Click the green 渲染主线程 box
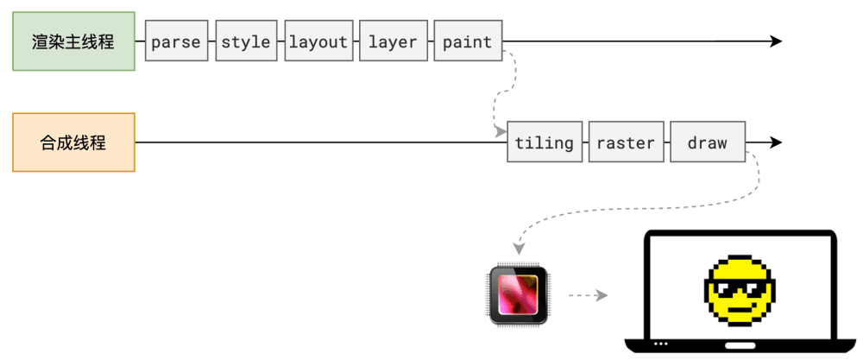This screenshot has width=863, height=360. point(73,41)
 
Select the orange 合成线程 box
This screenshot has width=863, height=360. point(73,142)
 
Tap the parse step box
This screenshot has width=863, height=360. point(176,41)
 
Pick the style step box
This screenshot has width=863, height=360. point(246,41)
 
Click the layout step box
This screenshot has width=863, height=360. point(318,41)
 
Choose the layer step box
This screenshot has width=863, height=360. point(393,41)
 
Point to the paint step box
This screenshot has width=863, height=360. point(467,41)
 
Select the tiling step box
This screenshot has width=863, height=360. point(544,142)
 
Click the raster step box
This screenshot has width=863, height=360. point(626,142)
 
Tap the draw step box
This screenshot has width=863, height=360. point(708,142)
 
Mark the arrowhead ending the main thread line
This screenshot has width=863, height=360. point(776,41)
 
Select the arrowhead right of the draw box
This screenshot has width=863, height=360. point(776,142)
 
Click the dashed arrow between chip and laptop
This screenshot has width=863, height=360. point(588,295)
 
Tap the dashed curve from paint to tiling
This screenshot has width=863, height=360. point(498,95)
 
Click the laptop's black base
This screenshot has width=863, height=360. point(743,345)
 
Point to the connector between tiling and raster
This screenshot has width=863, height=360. point(584,142)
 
